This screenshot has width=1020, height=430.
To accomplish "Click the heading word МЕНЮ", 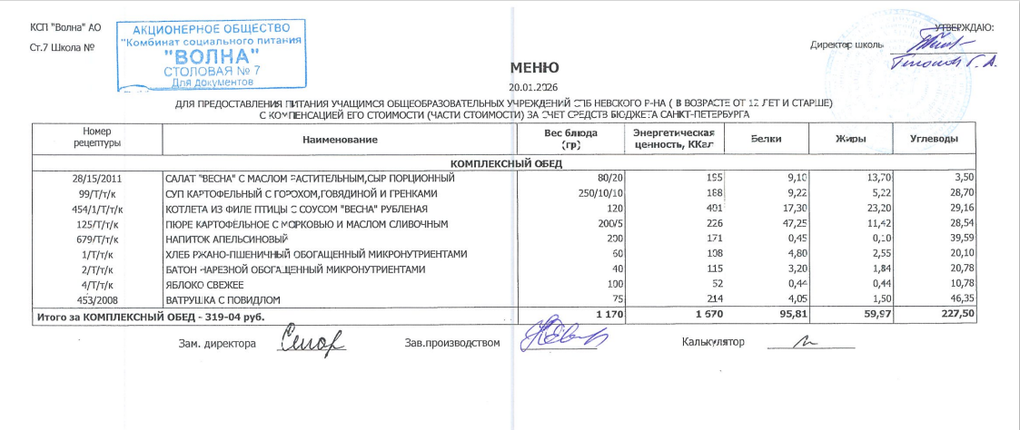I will [x=528, y=68].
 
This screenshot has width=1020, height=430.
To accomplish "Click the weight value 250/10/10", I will [x=599, y=194].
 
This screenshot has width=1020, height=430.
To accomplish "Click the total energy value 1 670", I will [x=694, y=313].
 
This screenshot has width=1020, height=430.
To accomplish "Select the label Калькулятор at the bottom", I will [x=712, y=342].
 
